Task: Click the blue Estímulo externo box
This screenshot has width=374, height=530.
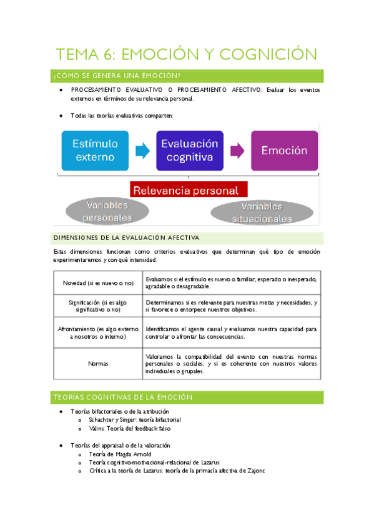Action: click(95, 151)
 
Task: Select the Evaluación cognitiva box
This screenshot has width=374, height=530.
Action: click(190, 151)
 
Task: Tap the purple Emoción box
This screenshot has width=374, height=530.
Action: click(284, 151)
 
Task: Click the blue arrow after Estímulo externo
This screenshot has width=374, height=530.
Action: click(142, 151)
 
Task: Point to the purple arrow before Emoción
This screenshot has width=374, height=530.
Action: click(237, 151)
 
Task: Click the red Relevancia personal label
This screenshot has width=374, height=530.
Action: click(189, 190)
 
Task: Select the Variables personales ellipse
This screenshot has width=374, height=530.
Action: click(107, 211)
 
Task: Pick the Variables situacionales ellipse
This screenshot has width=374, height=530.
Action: click(262, 212)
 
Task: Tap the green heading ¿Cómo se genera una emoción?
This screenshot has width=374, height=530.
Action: click(117, 76)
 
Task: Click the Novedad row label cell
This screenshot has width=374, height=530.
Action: click(98, 283)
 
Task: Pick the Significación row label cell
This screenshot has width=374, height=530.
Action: click(98, 306)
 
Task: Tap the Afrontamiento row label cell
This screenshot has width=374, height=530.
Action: click(98, 332)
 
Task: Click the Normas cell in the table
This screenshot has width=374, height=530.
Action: click(98, 363)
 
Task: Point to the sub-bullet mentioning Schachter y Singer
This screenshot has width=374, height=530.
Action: click(134, 420)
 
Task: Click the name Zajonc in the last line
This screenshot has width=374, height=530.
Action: click(253, 471)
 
